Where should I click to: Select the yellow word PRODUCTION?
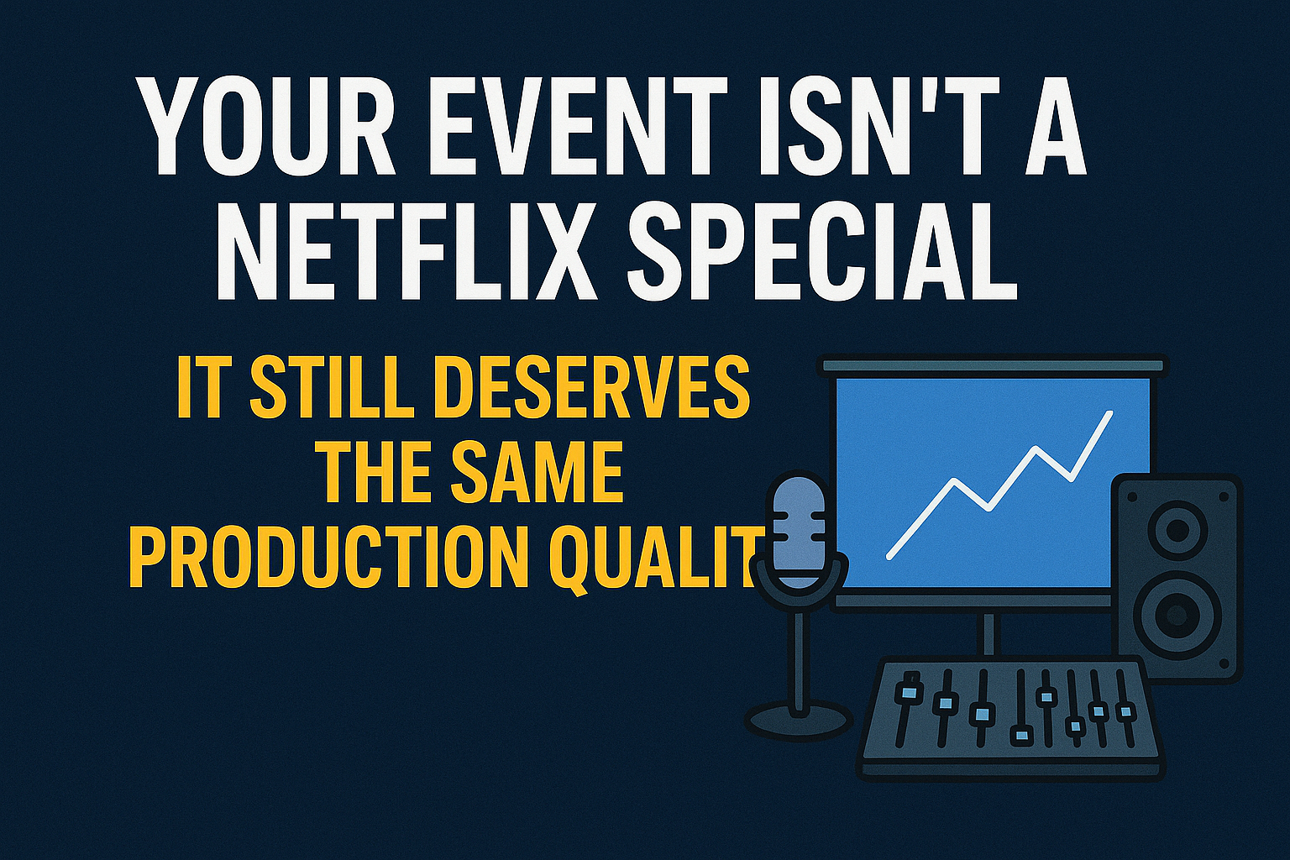[x=328, y=555]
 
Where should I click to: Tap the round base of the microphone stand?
[x=798, y=720]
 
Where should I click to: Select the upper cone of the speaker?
[x=1177, y=531]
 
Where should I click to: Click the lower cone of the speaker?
[x=1177, y=615]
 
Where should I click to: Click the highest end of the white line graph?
[x=1110, y=412]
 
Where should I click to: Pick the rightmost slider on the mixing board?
[x=1125, y=712]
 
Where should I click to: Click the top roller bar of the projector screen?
[x=994, y=365]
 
